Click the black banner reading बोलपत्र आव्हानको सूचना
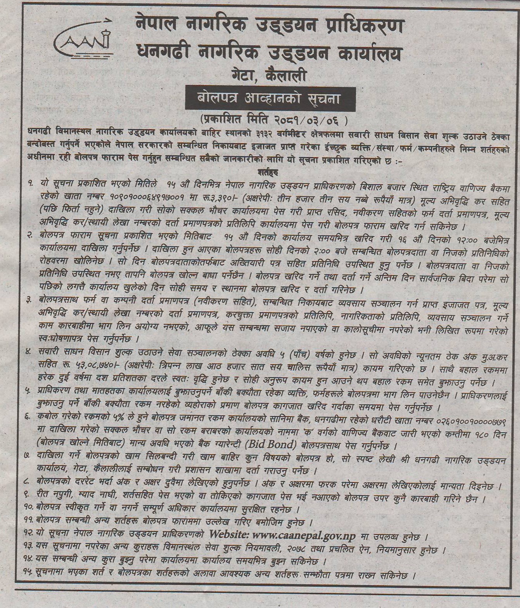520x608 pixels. pyautogui.click(x=270, y=99)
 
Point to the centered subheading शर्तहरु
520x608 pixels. pyautogui.click(x=267, y=171)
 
